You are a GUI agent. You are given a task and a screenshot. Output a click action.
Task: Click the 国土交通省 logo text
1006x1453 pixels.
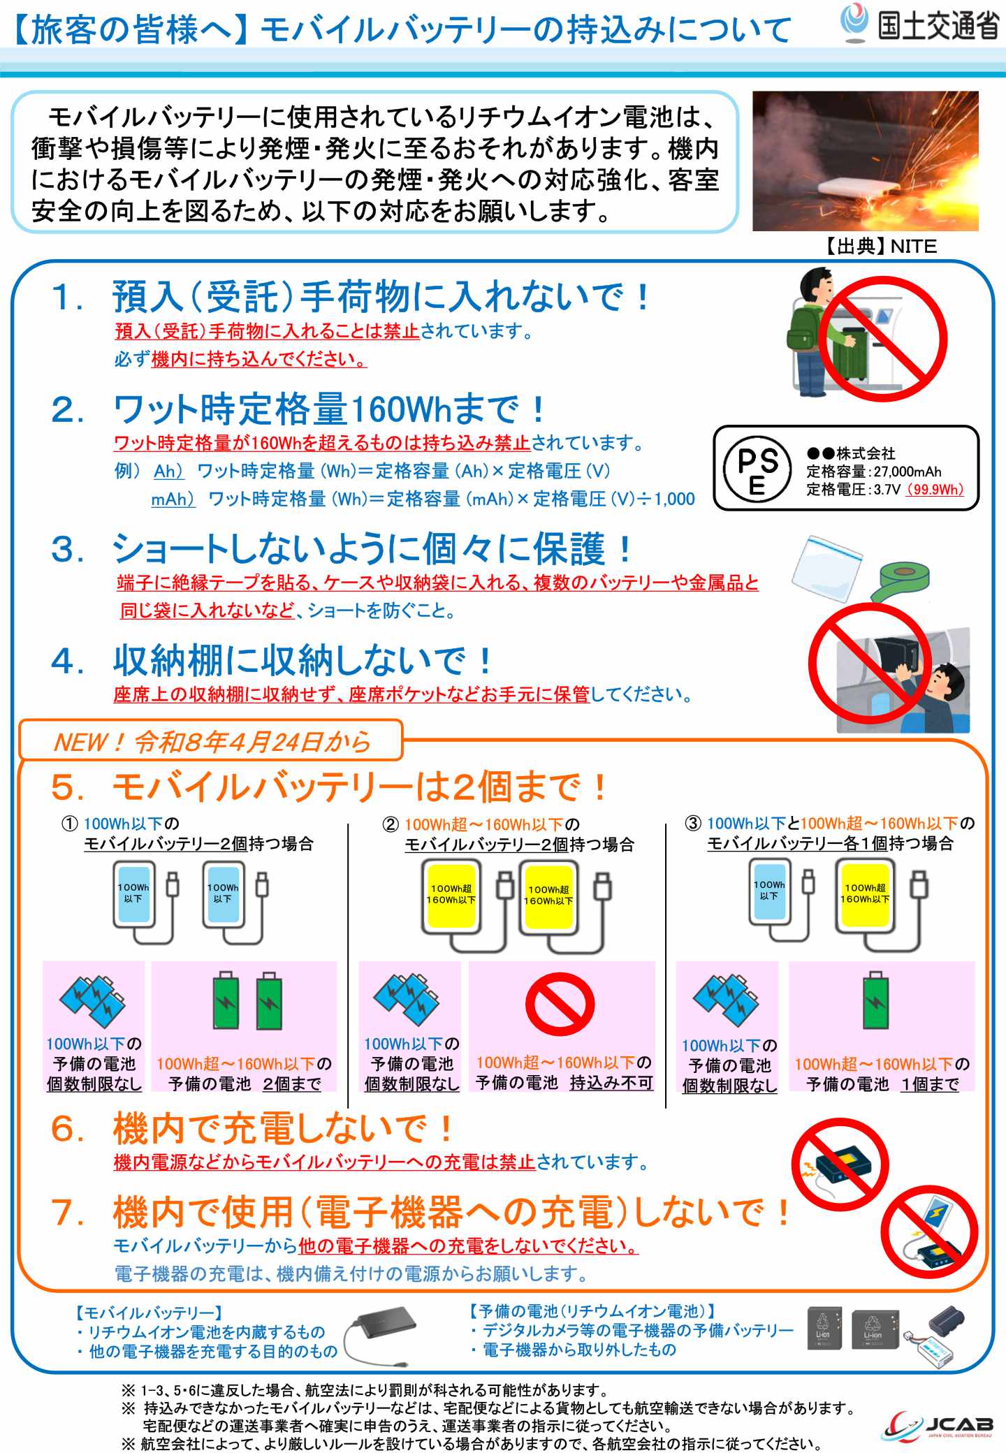pos(938,26)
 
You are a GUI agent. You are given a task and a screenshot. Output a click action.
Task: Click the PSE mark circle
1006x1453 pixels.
pos(757,469)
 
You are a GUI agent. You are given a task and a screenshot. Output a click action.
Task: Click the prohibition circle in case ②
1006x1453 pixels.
pos(560,1004)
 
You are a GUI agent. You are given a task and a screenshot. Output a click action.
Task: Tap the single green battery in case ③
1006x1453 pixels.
pos(876,1000)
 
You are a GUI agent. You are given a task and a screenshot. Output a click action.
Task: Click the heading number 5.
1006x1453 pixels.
pos(68,788)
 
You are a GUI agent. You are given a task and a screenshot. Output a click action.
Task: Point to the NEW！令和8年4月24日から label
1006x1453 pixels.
pos(212,741)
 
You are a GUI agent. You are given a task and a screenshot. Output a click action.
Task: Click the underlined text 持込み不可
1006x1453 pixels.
pos(611,1082)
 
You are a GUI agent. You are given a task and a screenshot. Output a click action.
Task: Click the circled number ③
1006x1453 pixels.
pos(693,823)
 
